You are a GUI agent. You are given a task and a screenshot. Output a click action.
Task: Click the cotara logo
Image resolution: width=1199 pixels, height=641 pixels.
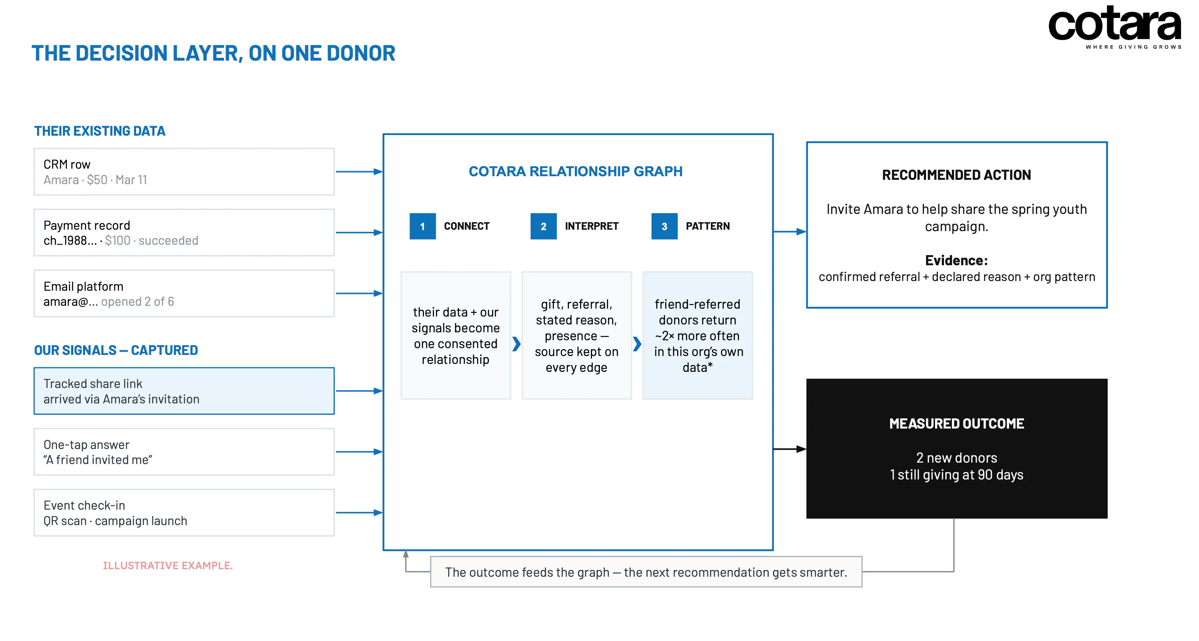click(1114, 27)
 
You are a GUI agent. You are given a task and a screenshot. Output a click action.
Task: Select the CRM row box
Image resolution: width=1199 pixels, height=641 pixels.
click(184, 172)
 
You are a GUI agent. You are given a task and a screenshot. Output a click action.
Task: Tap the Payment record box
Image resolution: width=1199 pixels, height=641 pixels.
click(184, 233)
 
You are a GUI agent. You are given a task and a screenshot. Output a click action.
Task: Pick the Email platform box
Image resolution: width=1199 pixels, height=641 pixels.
click(184, 294)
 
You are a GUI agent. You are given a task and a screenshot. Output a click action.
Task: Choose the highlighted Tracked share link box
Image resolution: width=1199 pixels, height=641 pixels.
click(184, 391)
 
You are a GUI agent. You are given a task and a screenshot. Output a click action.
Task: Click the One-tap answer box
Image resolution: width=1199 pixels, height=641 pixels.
click(184, 451)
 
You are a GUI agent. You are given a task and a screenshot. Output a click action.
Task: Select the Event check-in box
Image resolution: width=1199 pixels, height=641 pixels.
click(184, 513)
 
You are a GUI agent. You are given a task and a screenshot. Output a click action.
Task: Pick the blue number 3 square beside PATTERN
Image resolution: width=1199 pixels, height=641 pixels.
click(665, 226)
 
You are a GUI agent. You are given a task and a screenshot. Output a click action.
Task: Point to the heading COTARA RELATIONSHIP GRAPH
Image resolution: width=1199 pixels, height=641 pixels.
click(576, 171)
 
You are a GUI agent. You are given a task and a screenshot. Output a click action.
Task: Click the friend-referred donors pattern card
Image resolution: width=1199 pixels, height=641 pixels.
click(698, 335)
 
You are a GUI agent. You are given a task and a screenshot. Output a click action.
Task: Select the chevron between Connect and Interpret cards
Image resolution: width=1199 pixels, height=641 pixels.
click(516, 344)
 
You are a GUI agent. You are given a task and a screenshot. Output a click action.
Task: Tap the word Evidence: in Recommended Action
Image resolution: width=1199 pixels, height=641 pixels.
click(957, 260)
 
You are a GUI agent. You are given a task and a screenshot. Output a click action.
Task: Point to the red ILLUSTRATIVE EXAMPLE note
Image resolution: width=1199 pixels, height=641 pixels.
click(167, 566)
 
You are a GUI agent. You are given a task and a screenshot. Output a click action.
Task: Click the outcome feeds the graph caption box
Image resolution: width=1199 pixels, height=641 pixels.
click(646, 572)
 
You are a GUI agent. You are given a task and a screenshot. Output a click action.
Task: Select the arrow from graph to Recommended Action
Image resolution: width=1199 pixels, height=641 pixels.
click(790, 231)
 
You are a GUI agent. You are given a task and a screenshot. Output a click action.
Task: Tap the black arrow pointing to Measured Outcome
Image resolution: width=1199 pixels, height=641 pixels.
click(790, 449)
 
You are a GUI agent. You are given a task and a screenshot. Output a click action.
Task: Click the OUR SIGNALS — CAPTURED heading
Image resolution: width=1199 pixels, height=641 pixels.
click(116, 350)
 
